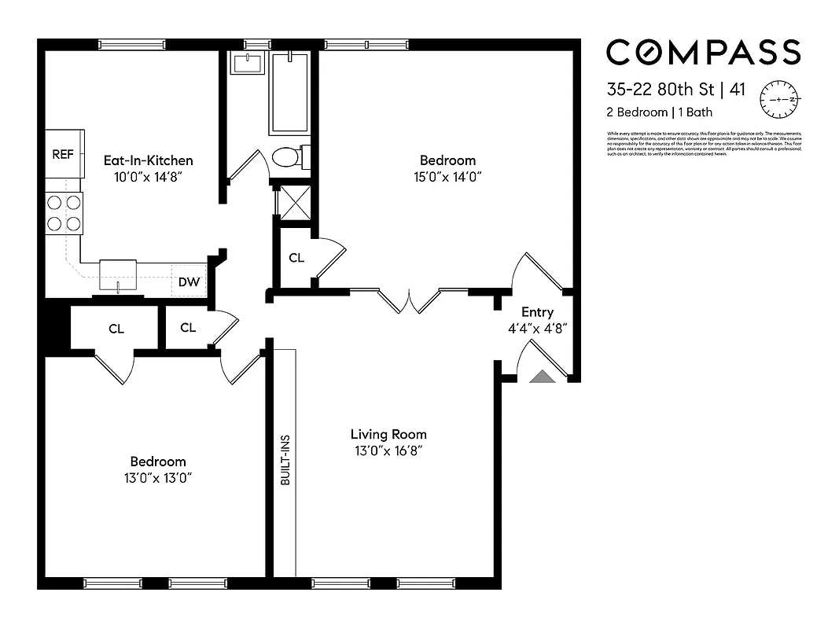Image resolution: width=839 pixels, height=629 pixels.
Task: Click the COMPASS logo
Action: point(703,52)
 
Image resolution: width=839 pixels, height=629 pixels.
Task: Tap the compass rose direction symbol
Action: point(778,100)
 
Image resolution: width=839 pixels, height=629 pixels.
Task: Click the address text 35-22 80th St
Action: point(659,89)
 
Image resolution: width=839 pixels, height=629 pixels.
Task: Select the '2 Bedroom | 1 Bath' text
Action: point(659,112)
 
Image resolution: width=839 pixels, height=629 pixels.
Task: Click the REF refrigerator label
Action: point(63,154)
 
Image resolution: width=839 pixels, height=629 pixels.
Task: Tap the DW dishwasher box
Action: point(188,281)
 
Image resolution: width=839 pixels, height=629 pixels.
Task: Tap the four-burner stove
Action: point(64,212)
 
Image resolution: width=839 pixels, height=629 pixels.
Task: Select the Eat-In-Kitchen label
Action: point(149,160)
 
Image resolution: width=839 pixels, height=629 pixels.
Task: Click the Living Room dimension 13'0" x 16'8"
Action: point(388,451)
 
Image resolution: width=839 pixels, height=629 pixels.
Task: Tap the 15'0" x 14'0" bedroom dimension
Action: point(447,177)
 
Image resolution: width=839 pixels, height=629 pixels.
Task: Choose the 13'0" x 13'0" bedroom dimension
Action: point(158,478)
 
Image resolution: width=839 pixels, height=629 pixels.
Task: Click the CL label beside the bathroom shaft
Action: point(296,258)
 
